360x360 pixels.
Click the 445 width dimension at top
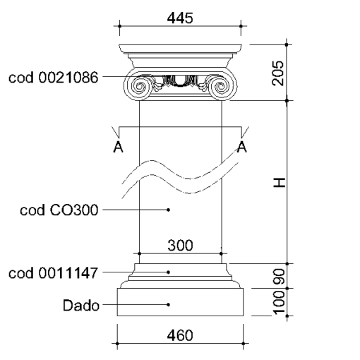180,18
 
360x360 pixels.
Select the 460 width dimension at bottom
180,335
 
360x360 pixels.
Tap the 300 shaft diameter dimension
180,245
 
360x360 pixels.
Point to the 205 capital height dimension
278,73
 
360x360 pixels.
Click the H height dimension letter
280,183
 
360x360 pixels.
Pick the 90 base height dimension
280,277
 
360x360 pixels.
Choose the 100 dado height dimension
280,302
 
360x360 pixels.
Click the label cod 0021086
53,78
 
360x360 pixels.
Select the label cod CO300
59,210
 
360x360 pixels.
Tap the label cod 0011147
53,273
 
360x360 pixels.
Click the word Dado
81,306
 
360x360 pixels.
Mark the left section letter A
118,147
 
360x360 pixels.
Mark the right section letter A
242,147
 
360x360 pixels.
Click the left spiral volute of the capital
139,87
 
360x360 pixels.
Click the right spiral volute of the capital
221,87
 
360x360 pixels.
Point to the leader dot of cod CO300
168,210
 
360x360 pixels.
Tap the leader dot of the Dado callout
168,304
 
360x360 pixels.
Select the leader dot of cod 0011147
168,272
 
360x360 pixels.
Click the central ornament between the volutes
180,81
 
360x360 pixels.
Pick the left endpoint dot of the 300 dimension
140,253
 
